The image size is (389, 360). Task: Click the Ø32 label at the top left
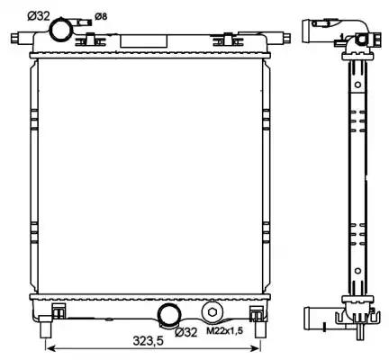pos(38,14)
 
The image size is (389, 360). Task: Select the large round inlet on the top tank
pos(62,30)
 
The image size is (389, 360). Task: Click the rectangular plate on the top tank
pos(136,40)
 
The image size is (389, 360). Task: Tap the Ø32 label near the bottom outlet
pos(185,332)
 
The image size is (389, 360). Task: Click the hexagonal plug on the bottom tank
pos(212,311)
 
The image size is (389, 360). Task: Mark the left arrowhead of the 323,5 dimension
pos(49,347)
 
